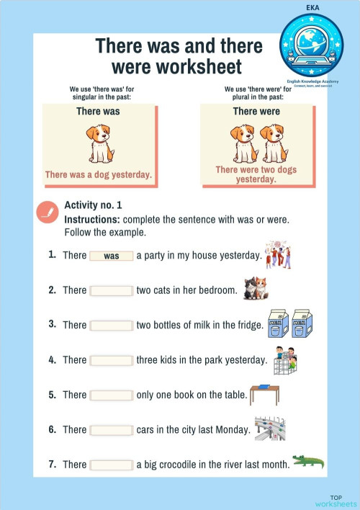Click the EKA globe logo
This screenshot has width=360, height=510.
[312, 43]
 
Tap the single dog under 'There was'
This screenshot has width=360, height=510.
[100, 143]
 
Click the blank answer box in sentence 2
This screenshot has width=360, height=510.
[112, 290]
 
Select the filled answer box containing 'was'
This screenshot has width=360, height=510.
[112, 256]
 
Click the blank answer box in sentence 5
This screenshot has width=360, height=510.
[112, 395]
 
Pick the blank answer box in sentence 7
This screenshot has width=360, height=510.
[112, 465]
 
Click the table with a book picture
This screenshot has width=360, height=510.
[268, 394]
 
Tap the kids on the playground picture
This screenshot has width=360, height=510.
[284, 359]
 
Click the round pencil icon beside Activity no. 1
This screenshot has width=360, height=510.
[47, 211]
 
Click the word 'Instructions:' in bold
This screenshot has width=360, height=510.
[92, 219]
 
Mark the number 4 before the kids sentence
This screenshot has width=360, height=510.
[52, 359]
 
